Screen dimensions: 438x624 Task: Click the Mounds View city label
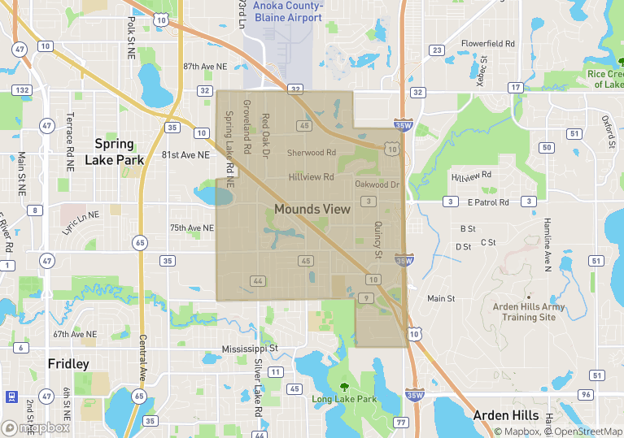[x=312, y=209]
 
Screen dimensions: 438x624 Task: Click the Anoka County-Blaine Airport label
[x=288, y=11]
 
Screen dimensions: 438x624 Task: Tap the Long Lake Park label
[x=344, y=399]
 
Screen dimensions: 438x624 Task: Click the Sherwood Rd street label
[x=312, y=152]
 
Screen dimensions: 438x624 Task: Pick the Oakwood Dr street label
[x=378, y=184]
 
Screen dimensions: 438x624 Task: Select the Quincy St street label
[x=377, y=241]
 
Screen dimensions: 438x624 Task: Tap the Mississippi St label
[x=250, y=349]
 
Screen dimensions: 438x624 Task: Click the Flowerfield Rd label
[x=488, y=43]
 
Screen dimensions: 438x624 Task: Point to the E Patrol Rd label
[x=488, y=202]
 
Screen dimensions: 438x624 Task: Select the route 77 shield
[x=400, y=423]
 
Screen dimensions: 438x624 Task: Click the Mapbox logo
[x=36, y=427]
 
